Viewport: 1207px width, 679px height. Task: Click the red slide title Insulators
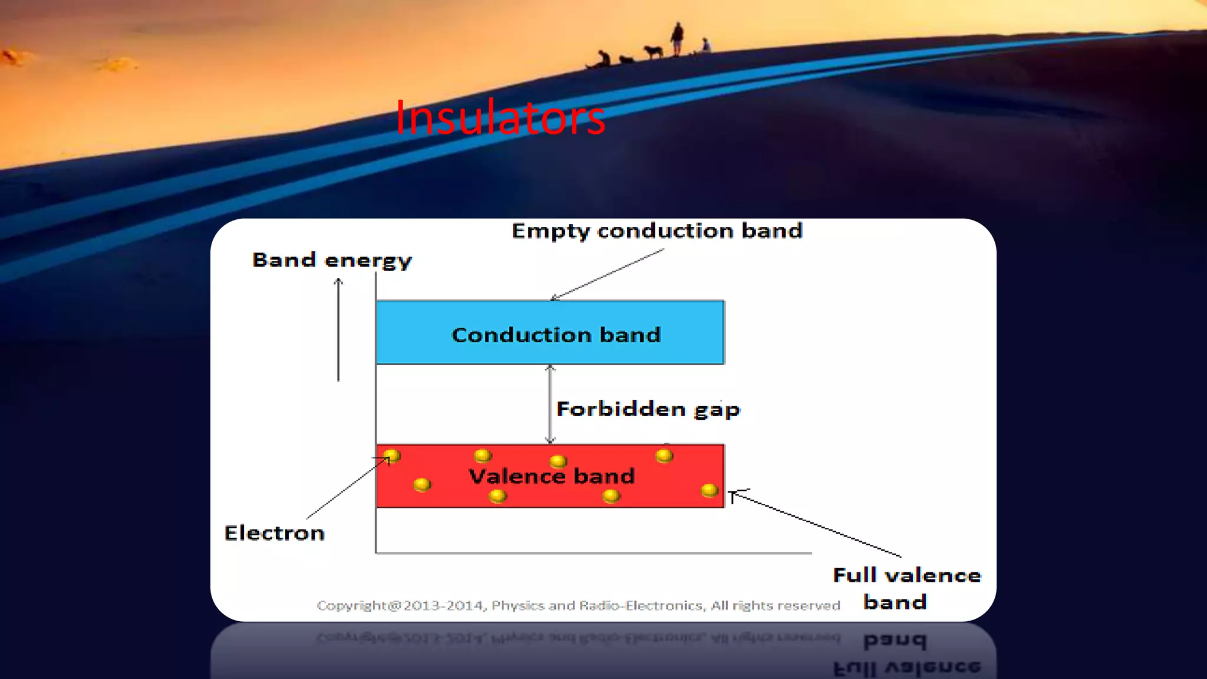[x=500, y=118]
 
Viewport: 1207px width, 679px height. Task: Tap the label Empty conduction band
[x=657, y=230]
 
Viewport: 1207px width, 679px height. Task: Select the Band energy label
[x=332, y=260]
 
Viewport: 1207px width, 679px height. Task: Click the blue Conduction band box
[x=550, y=333]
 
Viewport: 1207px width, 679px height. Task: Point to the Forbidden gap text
[x=648, y=409]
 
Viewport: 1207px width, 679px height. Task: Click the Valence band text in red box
[x=551, y=476]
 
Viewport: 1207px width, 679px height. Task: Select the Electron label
[x=274, y=533]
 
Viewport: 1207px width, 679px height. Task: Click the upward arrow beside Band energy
[x=338, y=330]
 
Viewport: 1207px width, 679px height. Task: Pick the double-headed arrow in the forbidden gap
[x=550, y=404]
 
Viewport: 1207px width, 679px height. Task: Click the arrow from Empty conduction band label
[x=607, y=274]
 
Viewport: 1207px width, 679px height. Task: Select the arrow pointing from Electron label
[x=348, y=487]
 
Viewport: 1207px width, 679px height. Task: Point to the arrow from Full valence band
[x=816, y=523]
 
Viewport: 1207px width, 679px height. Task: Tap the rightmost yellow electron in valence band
[x=710, y=490]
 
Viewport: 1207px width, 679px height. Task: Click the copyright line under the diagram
[x=578, y=605]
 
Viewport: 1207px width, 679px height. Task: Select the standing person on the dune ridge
[x=678, y=38]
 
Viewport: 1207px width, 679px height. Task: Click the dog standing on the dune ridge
[x=653, y=51]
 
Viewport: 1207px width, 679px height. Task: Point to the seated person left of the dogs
[x=603, y=59]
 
